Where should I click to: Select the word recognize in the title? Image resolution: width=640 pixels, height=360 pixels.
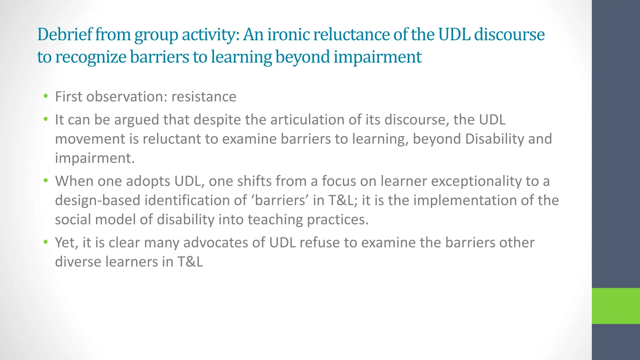point(91,57)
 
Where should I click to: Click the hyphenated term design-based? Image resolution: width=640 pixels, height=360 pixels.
point(97,201)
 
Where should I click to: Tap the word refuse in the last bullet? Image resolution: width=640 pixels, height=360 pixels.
point(320,243)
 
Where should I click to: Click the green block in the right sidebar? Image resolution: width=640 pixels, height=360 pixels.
point(616,306)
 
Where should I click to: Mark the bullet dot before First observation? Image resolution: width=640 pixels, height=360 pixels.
point(46,96)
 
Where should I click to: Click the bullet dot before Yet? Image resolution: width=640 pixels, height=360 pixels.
point(46,242)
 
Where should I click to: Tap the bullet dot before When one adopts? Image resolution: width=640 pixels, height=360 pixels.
point(46,181)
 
